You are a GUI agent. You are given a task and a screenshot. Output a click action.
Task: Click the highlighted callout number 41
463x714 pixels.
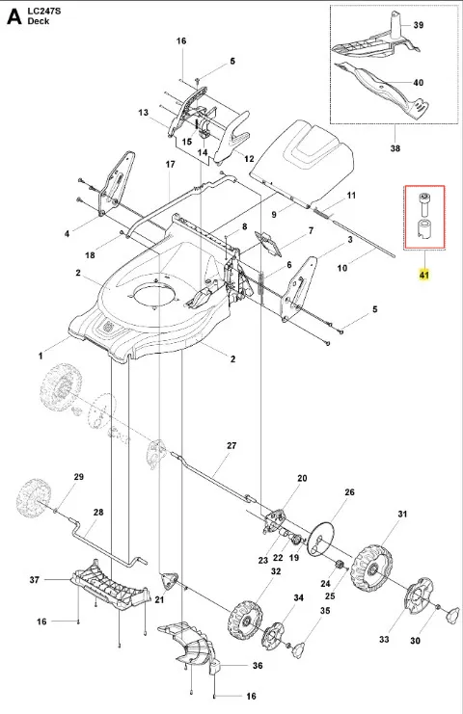click(x=424, y=275)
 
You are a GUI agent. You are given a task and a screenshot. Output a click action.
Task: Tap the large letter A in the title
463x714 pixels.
click(x=14, y=16)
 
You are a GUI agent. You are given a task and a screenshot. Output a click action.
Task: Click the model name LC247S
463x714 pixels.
click(x=43, y=12)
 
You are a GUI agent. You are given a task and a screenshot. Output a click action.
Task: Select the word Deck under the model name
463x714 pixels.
click(x=39, y=21)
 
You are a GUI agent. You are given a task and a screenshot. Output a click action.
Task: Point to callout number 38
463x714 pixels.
click(x=395, y=148)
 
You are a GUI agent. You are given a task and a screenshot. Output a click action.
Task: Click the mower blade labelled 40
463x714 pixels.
click(x=382, y=89)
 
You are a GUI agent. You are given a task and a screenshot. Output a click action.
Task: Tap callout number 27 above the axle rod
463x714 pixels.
click(x=231, y=445)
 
